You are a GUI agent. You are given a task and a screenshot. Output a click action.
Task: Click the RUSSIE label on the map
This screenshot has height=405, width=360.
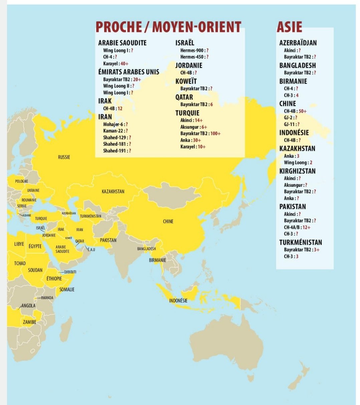64,157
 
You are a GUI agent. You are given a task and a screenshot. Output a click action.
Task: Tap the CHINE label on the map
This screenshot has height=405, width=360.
168,222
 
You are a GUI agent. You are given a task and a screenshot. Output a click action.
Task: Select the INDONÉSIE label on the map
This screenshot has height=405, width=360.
178,301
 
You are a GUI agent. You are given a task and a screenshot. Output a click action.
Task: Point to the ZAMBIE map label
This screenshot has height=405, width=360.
29,322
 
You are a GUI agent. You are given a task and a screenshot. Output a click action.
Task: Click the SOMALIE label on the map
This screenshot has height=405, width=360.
67,290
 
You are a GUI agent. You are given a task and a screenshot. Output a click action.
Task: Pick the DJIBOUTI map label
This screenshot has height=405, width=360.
70,272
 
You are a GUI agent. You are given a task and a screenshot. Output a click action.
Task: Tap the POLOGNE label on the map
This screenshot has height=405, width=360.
21,181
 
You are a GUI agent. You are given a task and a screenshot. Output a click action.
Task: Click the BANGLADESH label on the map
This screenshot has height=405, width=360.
146,249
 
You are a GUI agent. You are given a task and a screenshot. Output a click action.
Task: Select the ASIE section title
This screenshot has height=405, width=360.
289,27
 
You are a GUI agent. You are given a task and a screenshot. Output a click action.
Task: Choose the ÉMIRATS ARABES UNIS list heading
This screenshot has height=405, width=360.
129,72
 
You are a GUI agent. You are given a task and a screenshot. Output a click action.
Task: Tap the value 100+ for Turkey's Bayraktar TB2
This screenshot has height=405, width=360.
215,133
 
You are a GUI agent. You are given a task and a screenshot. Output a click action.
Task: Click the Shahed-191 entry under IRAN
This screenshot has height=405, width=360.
115,151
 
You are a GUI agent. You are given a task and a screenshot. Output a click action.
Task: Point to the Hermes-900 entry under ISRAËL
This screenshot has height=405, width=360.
192,50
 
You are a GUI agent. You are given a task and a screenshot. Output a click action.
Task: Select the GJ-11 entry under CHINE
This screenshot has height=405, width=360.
289,124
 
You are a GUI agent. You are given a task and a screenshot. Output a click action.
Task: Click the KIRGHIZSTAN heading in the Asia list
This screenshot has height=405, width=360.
297,171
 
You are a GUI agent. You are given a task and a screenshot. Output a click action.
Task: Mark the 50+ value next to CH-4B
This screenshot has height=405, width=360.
302,111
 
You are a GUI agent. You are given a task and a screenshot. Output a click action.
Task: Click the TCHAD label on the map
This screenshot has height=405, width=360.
20,264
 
